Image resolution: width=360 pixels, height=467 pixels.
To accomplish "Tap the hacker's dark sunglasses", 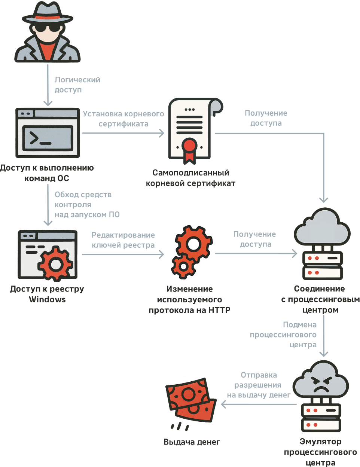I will click(x=47, y=27).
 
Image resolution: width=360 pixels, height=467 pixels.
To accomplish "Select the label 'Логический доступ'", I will click(x=77, y=85).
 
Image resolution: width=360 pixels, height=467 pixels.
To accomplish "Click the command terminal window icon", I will click(x=48, y=133).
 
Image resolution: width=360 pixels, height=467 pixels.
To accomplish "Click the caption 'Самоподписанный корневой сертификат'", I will click(x=190, y=178).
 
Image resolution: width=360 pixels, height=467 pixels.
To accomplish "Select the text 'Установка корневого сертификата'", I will click(x=123, y=119).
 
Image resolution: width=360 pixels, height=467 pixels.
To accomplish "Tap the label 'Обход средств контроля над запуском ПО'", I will click(x=87, y=205).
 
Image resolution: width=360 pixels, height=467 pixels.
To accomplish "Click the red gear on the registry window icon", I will click(x=56, y=264).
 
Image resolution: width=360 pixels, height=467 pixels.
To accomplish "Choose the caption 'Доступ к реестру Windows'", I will click(x=47, y=294).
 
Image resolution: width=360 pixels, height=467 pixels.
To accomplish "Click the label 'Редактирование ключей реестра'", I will click(x=123, y=240).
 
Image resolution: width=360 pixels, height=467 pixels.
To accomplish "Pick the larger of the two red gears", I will click(x=193, y=244).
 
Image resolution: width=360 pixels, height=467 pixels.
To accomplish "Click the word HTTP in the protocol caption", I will click(x=219, y=310).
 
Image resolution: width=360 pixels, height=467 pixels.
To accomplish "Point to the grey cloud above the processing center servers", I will click(x=322, y=228).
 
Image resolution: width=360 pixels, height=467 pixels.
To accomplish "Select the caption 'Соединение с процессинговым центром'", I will click(x=320, y=299).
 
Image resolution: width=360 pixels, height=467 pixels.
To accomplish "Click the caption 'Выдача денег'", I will click(x=192, y=442).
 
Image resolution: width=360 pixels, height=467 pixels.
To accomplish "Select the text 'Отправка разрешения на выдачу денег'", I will click(x=258, y=385).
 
